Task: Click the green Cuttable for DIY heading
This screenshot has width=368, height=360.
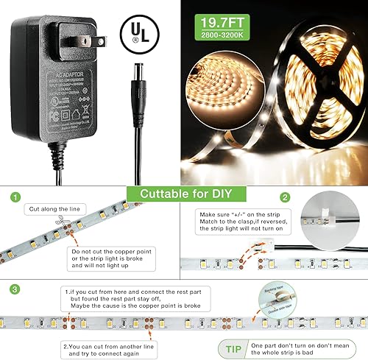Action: point(183,194)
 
